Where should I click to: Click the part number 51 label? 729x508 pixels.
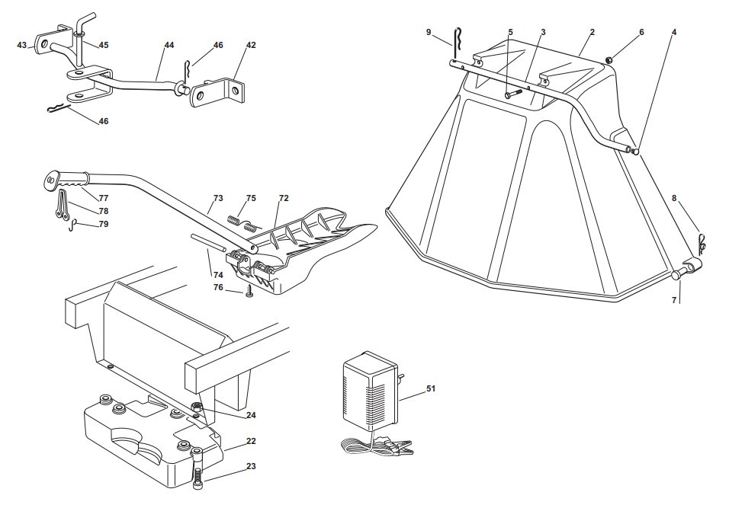(x=431, y=389)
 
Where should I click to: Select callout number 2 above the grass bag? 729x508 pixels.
(x=592, y=33)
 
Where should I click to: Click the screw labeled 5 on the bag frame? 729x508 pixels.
(x=512, y=94)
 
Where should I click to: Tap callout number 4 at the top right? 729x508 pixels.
(x=674, y=33)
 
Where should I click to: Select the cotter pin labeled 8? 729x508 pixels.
(x=702, y=241)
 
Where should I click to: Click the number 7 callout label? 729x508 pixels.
(x=674, y=301)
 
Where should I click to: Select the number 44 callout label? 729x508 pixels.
(x=169, y=46)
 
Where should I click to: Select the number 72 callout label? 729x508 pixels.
(x=284, y=198)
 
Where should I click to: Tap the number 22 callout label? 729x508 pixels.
(x=251, y=442)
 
